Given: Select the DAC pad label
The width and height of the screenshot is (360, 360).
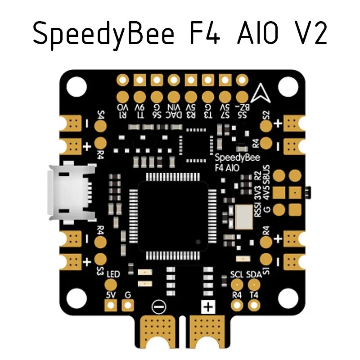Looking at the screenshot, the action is pyautogui.click(x=174, y=115).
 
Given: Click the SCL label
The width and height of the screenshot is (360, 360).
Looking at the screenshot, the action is pyautogui.click(x=236, y=274).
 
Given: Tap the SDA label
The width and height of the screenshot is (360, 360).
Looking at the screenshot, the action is pyautogui.click(x=254, y=274).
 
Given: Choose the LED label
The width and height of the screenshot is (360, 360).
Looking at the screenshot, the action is pyautogui.click(x=113, y=274).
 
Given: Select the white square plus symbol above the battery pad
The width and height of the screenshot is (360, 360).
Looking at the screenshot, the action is pyautogui.click(x=208, y=307).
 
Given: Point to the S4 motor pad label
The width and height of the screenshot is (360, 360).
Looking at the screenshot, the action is pyautogui.click(x=100, y=121).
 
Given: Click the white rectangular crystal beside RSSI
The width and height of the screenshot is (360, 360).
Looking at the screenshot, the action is pyautogui.click(x=243, y=216).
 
